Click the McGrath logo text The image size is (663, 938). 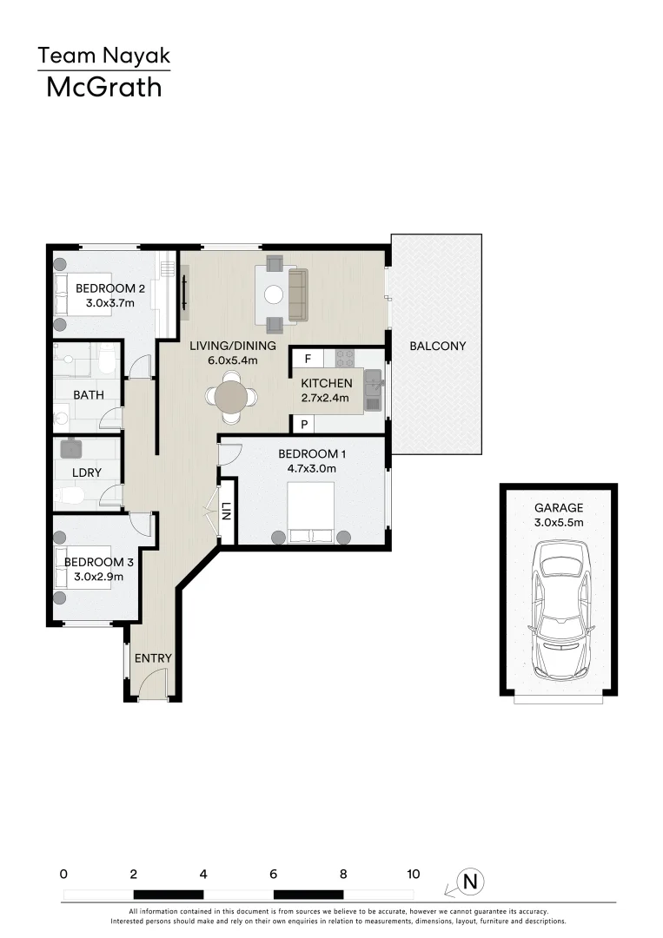click(x=103, y=87)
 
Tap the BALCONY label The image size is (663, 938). click(x=438, y=346)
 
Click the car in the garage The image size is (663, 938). click(x=560, y=611)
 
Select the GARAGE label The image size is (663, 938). click(x=559, y=508)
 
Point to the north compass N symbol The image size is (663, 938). click(x=471, y=882)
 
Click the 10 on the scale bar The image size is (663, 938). click(x=413, y=875)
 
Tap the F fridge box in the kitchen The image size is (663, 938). click(x=308, y=358)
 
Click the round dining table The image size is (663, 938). click(x=231, y=397)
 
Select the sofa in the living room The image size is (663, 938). click(x=297, y=294)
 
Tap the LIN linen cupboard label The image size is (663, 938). click(x=227, y=512)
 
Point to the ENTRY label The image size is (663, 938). click(x=153, y=658)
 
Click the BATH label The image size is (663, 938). click(x=88, y=395)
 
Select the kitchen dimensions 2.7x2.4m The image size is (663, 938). click(x=325, y=399)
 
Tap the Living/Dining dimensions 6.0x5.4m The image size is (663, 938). click(x=233, y=360)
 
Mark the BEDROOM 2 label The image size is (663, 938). click(x=109, y=288)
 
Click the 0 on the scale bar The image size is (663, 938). click(x=63, y=875)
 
